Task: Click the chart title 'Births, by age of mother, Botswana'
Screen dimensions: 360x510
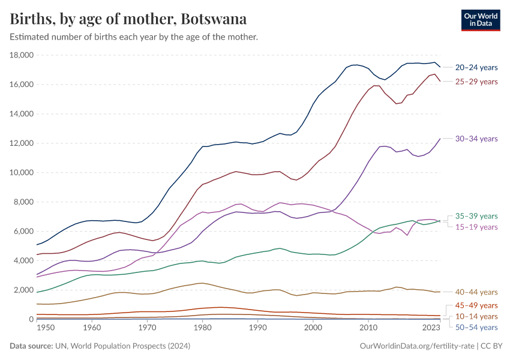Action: pos(128,19)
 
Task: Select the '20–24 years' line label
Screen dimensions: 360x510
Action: pos(476,68)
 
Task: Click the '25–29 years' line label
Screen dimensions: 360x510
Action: pos(476,82)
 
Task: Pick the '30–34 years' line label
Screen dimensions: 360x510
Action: pos(476,139)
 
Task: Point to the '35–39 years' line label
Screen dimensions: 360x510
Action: pos(476,216)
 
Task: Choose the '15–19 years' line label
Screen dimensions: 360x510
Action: pos(476,227)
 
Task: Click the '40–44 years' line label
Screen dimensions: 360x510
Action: pos(476,292)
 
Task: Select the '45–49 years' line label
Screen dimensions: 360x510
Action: pos(476,305)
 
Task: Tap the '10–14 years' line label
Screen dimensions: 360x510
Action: pos(476,316)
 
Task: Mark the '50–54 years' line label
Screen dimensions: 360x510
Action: pos(476,327)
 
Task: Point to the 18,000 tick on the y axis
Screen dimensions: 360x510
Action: pos(21,55)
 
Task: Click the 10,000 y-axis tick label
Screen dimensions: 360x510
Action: pos(21,173)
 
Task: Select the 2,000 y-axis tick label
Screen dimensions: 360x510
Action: pos(23,290)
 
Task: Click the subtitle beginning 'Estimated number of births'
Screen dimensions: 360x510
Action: pos(134,37)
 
